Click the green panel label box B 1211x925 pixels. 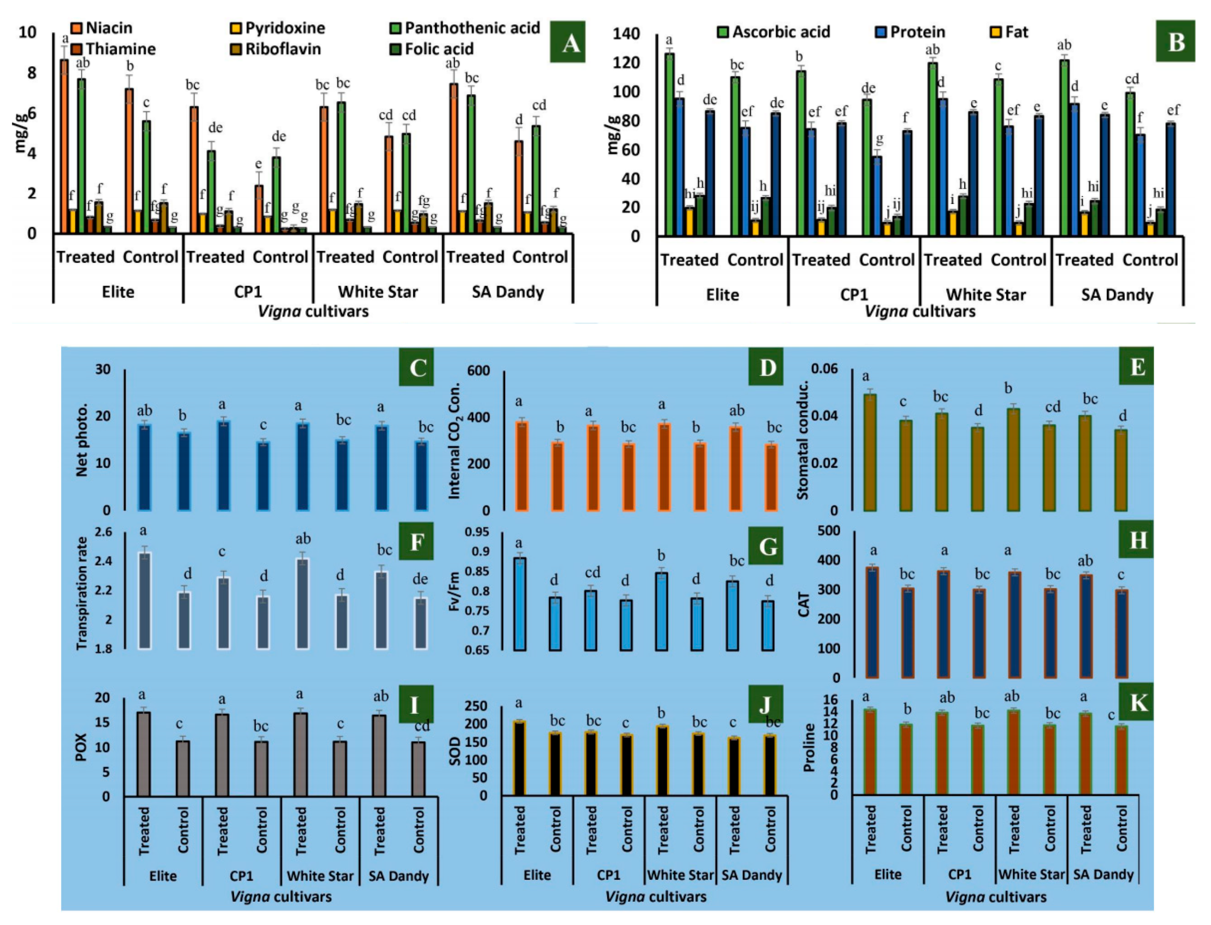(1175, 41)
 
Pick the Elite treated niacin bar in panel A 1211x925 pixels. (65, 146)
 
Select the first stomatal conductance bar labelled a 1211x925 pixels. (870, 451)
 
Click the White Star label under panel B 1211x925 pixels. (985, 294)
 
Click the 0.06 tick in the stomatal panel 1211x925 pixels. (824, 368)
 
